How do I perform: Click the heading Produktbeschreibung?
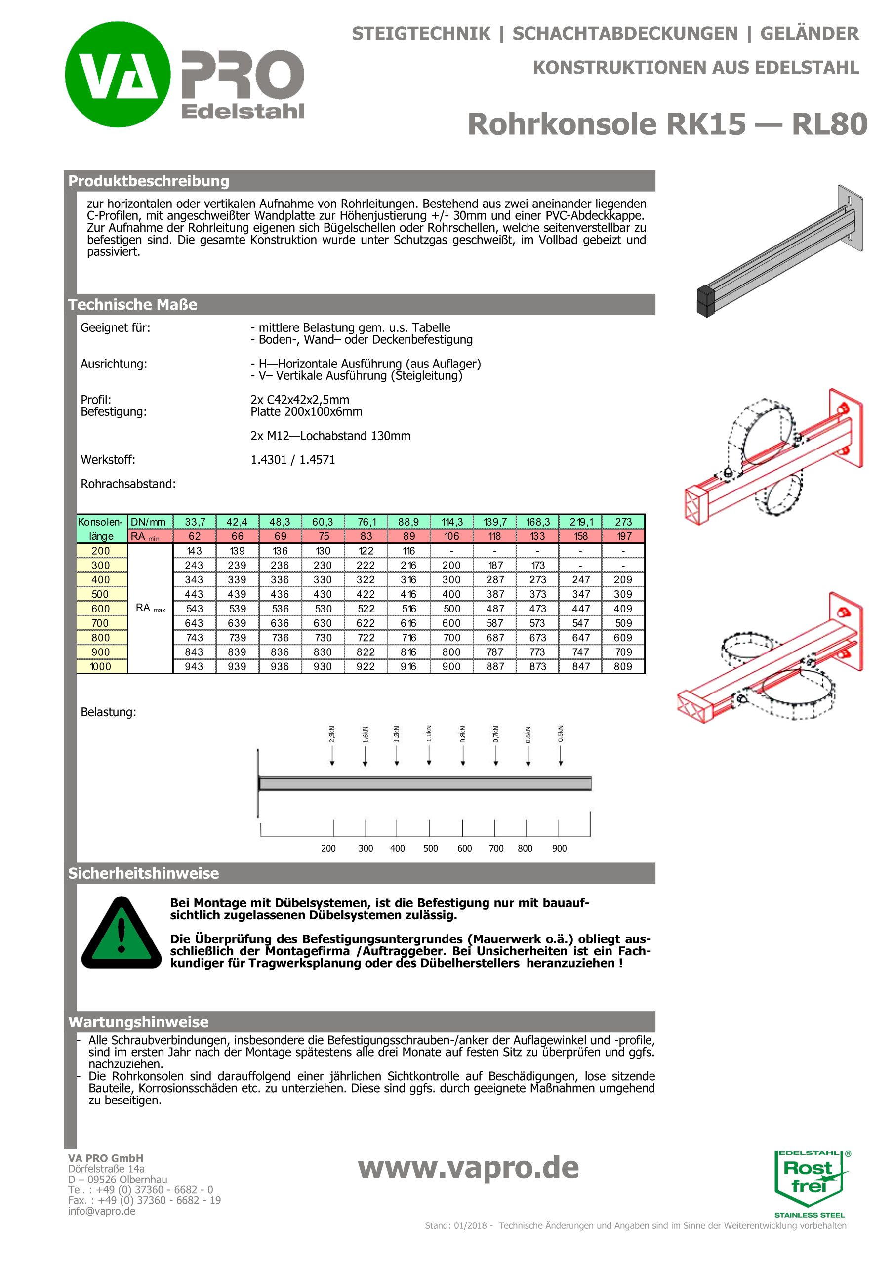tap(148, 181)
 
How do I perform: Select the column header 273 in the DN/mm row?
tap(623, 521)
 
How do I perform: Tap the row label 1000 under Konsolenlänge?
tap(101, 666)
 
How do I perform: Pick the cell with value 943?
tap(194, 666)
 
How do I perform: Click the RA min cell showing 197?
tap(624, 536)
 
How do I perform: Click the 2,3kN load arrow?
tap(332, 754)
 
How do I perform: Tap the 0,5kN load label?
tap(561, 734)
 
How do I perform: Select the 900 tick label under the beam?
tap(559, 849)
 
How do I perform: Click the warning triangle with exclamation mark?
tap(121, 934)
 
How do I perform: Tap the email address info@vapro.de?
tap(102, 1211)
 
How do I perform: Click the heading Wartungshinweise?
tap(138, 1022)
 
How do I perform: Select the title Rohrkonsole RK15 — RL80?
tap(667, 124)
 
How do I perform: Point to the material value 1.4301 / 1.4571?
tap(292, 460)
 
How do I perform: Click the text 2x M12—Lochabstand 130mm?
tap(330, 436)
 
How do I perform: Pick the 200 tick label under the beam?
tap(328, 849)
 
